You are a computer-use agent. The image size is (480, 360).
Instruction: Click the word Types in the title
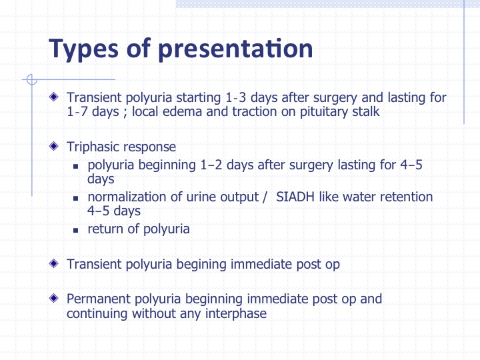coord(83,49)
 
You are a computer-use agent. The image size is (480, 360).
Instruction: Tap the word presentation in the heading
coord(235,49)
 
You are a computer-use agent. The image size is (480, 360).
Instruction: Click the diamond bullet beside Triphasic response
coord(54,146)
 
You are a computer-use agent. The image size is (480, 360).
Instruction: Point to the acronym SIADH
coord(295,197)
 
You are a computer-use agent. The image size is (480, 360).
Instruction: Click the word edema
coord(182,111)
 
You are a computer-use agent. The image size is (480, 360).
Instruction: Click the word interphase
coord(236,314)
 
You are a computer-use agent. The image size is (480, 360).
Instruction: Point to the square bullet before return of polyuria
coord(76,230)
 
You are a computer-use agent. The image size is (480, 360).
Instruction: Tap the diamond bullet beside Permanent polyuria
coord(54,298)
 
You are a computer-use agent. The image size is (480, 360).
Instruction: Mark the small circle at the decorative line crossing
coord(32,79)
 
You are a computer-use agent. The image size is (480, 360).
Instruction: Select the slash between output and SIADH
coord(265,197)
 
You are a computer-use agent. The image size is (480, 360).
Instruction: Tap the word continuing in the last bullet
coord(97,314)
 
